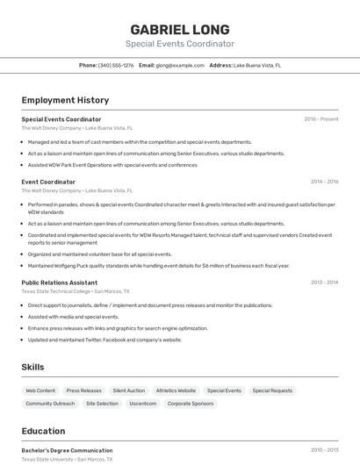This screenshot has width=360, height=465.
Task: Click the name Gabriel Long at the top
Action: pyautogui.click(x=179, y=29)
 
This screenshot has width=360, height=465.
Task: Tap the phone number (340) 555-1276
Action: pyautogui.click(x=116, y=65)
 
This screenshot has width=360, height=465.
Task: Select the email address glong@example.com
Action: pyautogui.click(x=179, y=65)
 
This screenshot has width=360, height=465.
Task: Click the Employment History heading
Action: pyautogui.click(x=65, y=100)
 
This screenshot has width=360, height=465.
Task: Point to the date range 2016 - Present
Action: pyautogui.click(x=320, y=118)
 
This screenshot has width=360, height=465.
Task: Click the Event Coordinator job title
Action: pyautogui.click(x=48, y=182)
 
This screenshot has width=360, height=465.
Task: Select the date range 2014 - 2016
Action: pyautogui.click(x=324, y=182)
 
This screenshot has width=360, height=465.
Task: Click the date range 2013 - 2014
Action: pyautogui.click(x=324, y=283)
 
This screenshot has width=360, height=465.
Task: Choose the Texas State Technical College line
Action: pyautogui.click(x=75, y=290)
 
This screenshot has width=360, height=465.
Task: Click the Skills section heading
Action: pyautogui.click(x=32, y=367)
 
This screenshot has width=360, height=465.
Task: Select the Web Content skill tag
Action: pyautogui.click(x=40, y=390)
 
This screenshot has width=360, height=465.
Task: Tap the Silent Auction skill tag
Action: pyautogui.click(x=128, y=390)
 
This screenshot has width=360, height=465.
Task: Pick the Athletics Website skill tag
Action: pyautogui.click(x=176, y=390)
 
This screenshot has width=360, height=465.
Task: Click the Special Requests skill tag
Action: pyautogui.click(x=272, y=390)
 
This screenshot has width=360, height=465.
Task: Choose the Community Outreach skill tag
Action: pyautogui.click(x=50, y=404)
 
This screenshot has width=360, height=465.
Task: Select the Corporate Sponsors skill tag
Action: pyautogui.click(x=191, y=404)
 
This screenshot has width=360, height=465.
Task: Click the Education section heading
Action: pyautogui.click(x=44, y=431)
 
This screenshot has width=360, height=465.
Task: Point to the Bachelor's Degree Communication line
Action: pyautogui.click(x=67, y=450)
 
